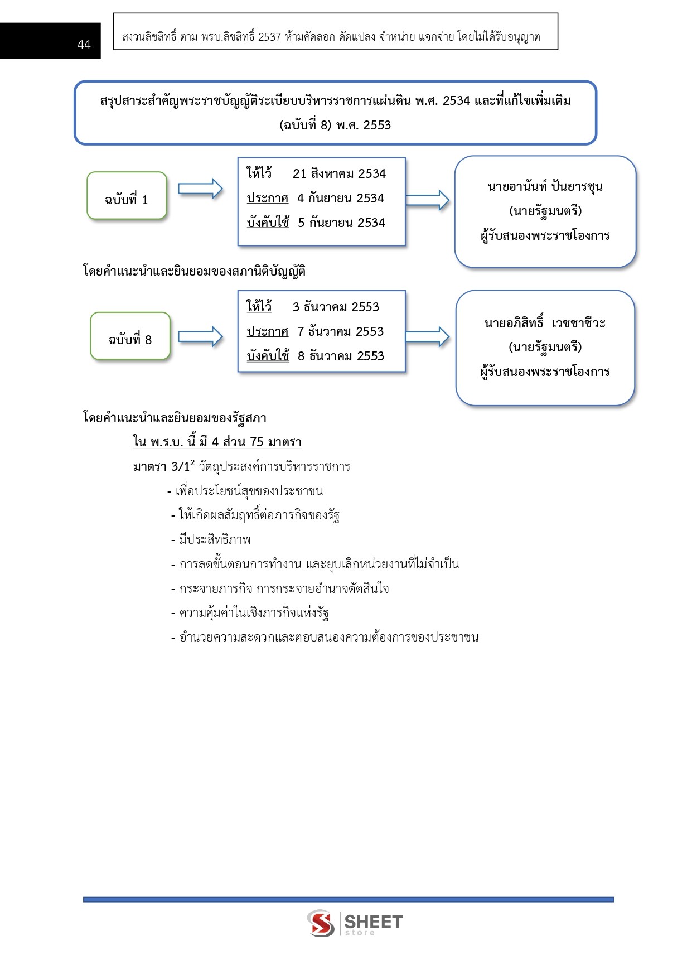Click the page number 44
pos(84,45)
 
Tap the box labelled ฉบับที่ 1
pos(127,196)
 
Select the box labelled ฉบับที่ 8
pos(130,336)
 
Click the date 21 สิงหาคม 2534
pos(339,173)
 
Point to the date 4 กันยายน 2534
pos(340,198)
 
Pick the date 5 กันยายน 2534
pos(341,223)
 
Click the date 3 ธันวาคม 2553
pos(336,307)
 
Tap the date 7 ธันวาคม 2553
pos(340,331)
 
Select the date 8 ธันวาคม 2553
pos(341,356)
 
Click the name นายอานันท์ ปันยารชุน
pos(545,186)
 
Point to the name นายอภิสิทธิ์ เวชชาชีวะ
pos(545,323)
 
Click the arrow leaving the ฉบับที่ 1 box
pos(200,189)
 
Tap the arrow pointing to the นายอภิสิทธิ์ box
pos(427,336)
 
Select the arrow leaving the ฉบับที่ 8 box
pos(200,336)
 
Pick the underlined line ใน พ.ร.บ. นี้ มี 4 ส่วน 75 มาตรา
pos(217,442)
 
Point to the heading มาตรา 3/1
pos(163,466)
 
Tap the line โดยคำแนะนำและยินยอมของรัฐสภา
pos(175,418)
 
